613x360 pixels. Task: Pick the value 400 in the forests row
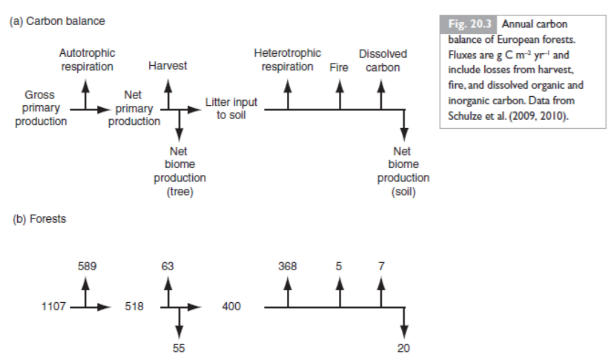pyautogui.click(x=231, y=307)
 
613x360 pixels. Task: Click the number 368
pyautogui.click(x=287, y=266)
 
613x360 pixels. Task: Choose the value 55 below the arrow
pyautogui.click(x=179, y=347)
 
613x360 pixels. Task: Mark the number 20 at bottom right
pyautogui.click(x=404, y=347)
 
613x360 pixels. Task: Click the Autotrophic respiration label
pyautogui.click(x=86, y=60)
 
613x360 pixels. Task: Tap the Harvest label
pyautogui.click(x=168, y=66)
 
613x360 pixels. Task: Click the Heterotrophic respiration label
pyautogui.click(x=287, y=60)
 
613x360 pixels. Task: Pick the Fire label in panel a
pyautogui.click(x=339, y=67)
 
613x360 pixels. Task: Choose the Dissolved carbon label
pyautogui.click(x=383, y=60)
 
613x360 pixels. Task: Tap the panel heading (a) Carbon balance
pyautogui.click(x=57, y=21)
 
